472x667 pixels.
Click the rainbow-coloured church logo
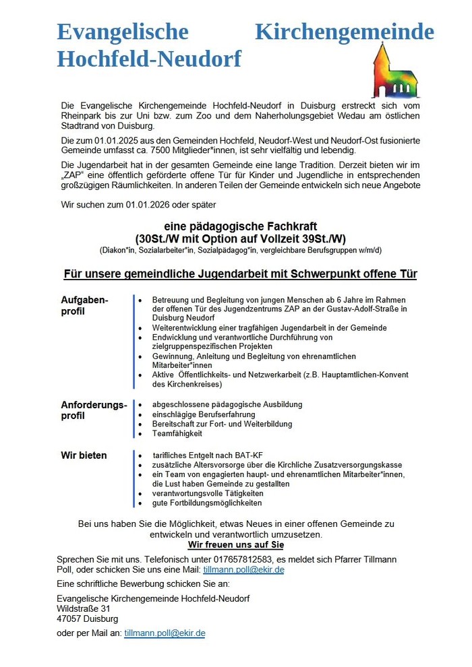[x=395, y=71]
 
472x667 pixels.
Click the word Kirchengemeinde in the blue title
[x=345, y=32]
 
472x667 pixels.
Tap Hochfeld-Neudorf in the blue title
[x=149, y=59]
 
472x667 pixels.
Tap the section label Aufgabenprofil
[x=84, y=305]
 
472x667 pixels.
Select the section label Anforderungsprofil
[x=94, y=410]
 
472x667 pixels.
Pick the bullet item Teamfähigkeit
[x=177, y=435]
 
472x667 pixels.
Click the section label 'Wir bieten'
[x=84, y=455]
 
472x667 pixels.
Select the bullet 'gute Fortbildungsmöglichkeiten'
[x=207, y=503]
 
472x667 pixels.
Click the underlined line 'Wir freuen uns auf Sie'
[x=235, y=544]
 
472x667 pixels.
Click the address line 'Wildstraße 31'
[x=84, y=608]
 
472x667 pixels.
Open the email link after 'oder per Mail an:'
[x=165, y=633]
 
